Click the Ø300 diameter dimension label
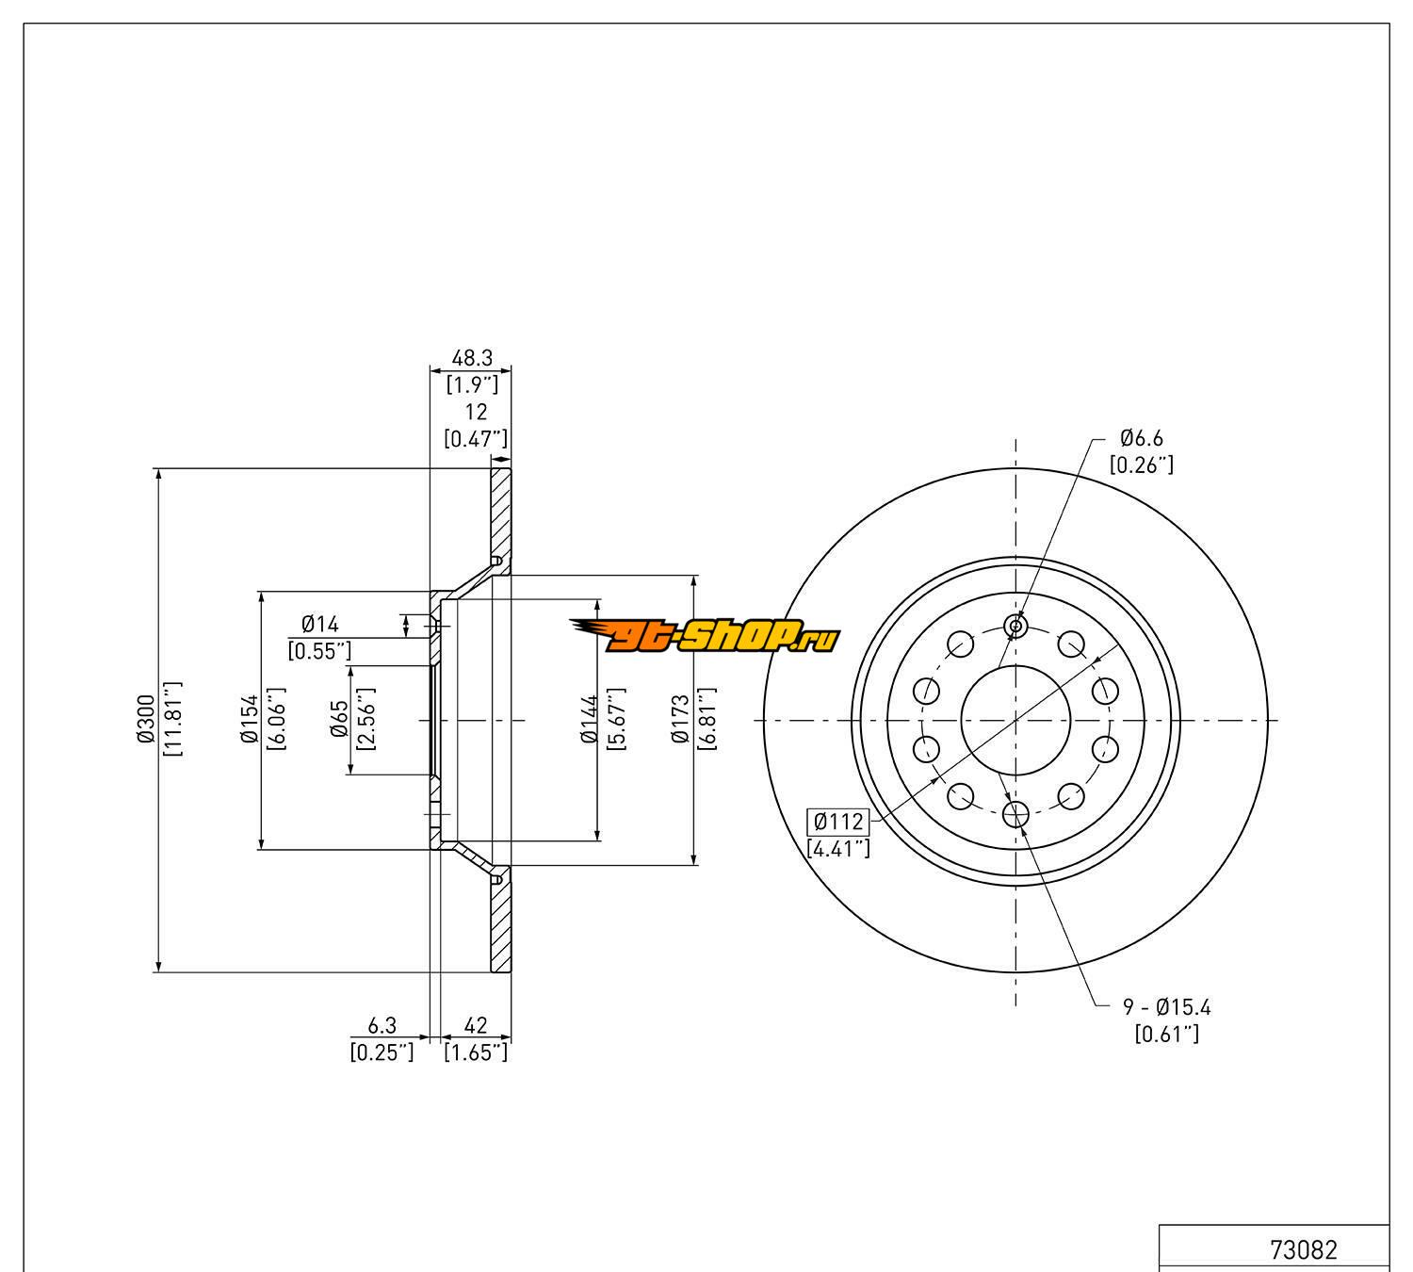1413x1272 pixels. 145,720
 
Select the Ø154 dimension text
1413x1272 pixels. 249,720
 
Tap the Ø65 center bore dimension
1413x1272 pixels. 340,720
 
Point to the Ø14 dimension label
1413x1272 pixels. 319,624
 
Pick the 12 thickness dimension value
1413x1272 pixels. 476,412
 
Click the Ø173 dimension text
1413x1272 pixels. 682,720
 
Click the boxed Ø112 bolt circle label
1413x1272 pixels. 838,821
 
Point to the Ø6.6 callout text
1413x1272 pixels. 1141,438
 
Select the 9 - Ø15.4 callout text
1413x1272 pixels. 1166,1007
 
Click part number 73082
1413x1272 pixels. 1304,1250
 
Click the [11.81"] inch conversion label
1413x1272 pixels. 172,720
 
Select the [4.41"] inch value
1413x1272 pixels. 838,848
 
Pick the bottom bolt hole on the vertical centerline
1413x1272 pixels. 1015,814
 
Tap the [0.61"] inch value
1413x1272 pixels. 1166,1034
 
